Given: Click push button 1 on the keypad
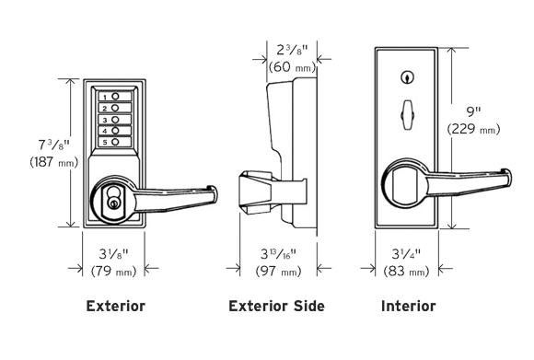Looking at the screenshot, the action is click(x=115, y=97).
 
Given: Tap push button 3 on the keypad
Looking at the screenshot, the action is click(x=115, y=120).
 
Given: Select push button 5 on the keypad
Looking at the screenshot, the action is click(x=115, y=142).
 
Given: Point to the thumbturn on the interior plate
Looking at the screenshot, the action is click(x=407, y=115).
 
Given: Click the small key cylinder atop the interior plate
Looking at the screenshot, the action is click(x=407, y=77).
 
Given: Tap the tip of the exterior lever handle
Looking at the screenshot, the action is click(x=213, y=195).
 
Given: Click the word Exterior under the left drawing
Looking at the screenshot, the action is click(x=116, y=306).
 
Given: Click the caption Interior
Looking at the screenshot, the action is click(x=409, y=306).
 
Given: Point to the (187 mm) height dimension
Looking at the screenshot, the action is click(x=53, y=162).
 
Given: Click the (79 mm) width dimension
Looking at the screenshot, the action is click(x=114, y=271).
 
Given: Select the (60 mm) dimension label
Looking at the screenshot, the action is click(x=292, y=67).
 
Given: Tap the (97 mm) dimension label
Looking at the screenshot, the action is click(x=279, y=271).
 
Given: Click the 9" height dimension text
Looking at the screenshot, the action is click(x=473, y=112).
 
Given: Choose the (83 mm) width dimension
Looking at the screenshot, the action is click(x=406, y=271).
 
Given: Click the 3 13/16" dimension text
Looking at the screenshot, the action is click(x=278, y=254).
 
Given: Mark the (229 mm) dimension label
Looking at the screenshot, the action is click(x=474, y=129).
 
